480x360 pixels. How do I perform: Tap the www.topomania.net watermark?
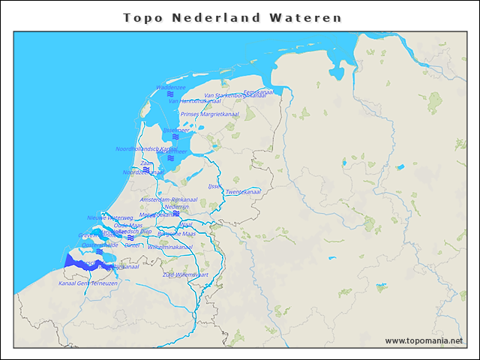(x=424, y=340)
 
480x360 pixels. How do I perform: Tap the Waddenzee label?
(x=171, y=88)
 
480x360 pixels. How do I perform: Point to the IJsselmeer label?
(x=176, y=130)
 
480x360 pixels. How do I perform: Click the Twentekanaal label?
(x=243, y=192)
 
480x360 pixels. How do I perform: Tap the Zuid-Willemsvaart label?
(x=184, y=274)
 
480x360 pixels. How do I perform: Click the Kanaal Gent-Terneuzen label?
(x=88, y=283)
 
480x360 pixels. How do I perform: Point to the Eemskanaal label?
(x=259, y=91)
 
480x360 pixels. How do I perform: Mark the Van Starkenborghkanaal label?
(x=235, y=95)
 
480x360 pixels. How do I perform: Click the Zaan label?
(x=147, y=163)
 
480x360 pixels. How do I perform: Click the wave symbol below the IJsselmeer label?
(x=175, y=136)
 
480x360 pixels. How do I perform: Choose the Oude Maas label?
(x=128, y=225)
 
